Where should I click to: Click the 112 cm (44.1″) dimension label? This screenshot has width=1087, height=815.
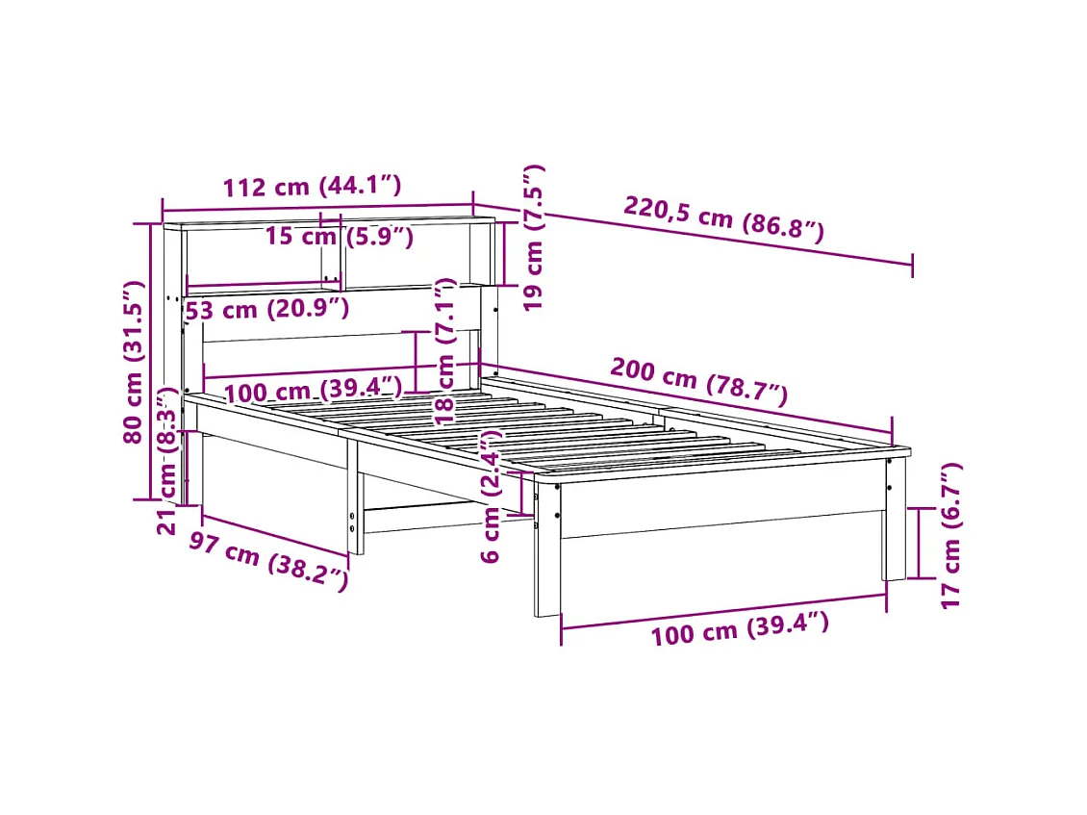(312, 187)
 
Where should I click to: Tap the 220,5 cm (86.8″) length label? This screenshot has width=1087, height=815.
(723, 218)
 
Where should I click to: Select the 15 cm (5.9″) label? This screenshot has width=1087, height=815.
(339, 237)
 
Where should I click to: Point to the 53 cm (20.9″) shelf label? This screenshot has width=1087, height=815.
(266, 309)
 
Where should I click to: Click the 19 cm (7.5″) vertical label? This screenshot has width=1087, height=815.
(535, 237)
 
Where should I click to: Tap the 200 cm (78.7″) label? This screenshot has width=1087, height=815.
(698, 380)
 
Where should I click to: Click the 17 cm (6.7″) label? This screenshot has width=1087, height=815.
(950, 535)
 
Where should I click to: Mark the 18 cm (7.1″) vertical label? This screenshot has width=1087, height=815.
(444, 352)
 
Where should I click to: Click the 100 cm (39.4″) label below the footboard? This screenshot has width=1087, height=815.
(739, 630)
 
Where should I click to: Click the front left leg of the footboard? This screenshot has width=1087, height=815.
(547, 548)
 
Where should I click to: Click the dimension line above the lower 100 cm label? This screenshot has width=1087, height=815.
(723, 612)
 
